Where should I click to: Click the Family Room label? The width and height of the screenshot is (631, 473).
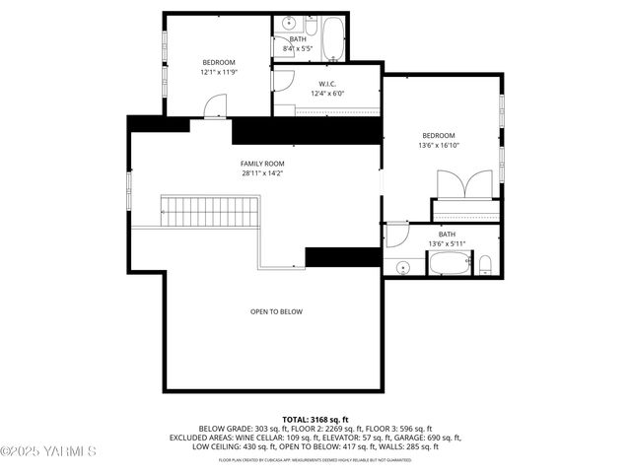click(262, 163)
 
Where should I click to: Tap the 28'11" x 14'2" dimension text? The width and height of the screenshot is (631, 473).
click(262, 173)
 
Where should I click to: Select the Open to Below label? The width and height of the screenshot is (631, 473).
click(276, 311)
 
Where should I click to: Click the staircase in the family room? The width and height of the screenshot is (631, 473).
click(211, 210)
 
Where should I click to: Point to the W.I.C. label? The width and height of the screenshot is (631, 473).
click(329, 83)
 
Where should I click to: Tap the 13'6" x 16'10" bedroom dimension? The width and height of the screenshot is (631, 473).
click(439, 146)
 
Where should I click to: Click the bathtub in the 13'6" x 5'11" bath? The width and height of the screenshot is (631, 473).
click(451, 263)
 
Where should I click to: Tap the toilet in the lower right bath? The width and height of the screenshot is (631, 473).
click(486, 263)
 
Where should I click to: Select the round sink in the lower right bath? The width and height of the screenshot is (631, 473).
click(404, 267)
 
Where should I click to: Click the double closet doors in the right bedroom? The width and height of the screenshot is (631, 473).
click(465, 184)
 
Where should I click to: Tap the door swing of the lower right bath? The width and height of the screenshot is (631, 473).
click(396, 235)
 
